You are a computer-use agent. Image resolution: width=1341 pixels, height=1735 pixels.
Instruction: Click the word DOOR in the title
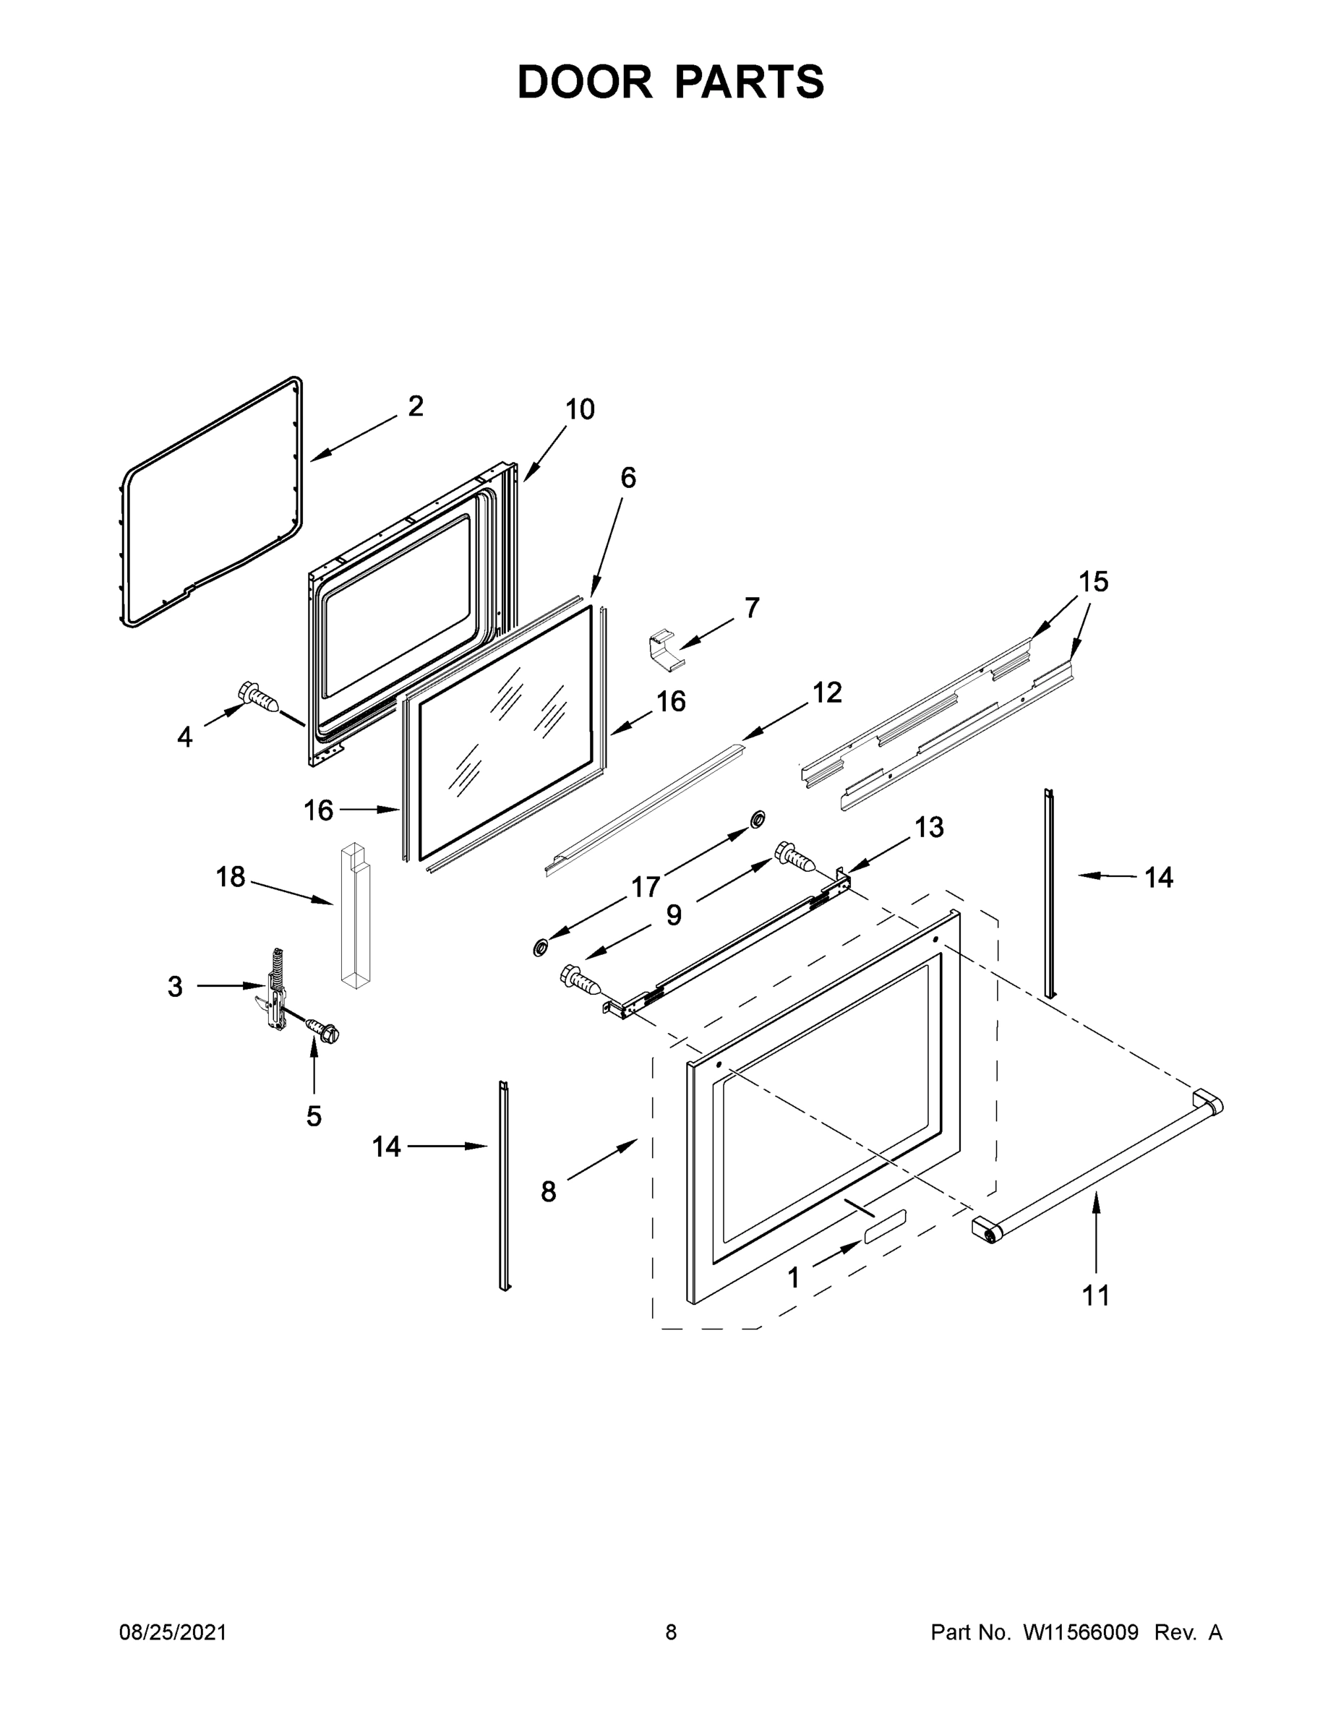[584, 82]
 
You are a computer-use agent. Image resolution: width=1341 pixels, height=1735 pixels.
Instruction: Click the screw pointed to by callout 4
[259, 698]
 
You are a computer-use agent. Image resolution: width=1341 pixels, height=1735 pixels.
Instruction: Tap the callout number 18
[231, 877]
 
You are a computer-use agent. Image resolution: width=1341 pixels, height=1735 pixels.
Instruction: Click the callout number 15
[1093, 581]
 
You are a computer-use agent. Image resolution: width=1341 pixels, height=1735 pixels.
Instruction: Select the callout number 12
[826, 692]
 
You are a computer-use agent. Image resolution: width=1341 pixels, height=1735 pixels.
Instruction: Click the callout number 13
[929, 827]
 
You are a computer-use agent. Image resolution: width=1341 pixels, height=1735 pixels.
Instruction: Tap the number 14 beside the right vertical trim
[1158, 877]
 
